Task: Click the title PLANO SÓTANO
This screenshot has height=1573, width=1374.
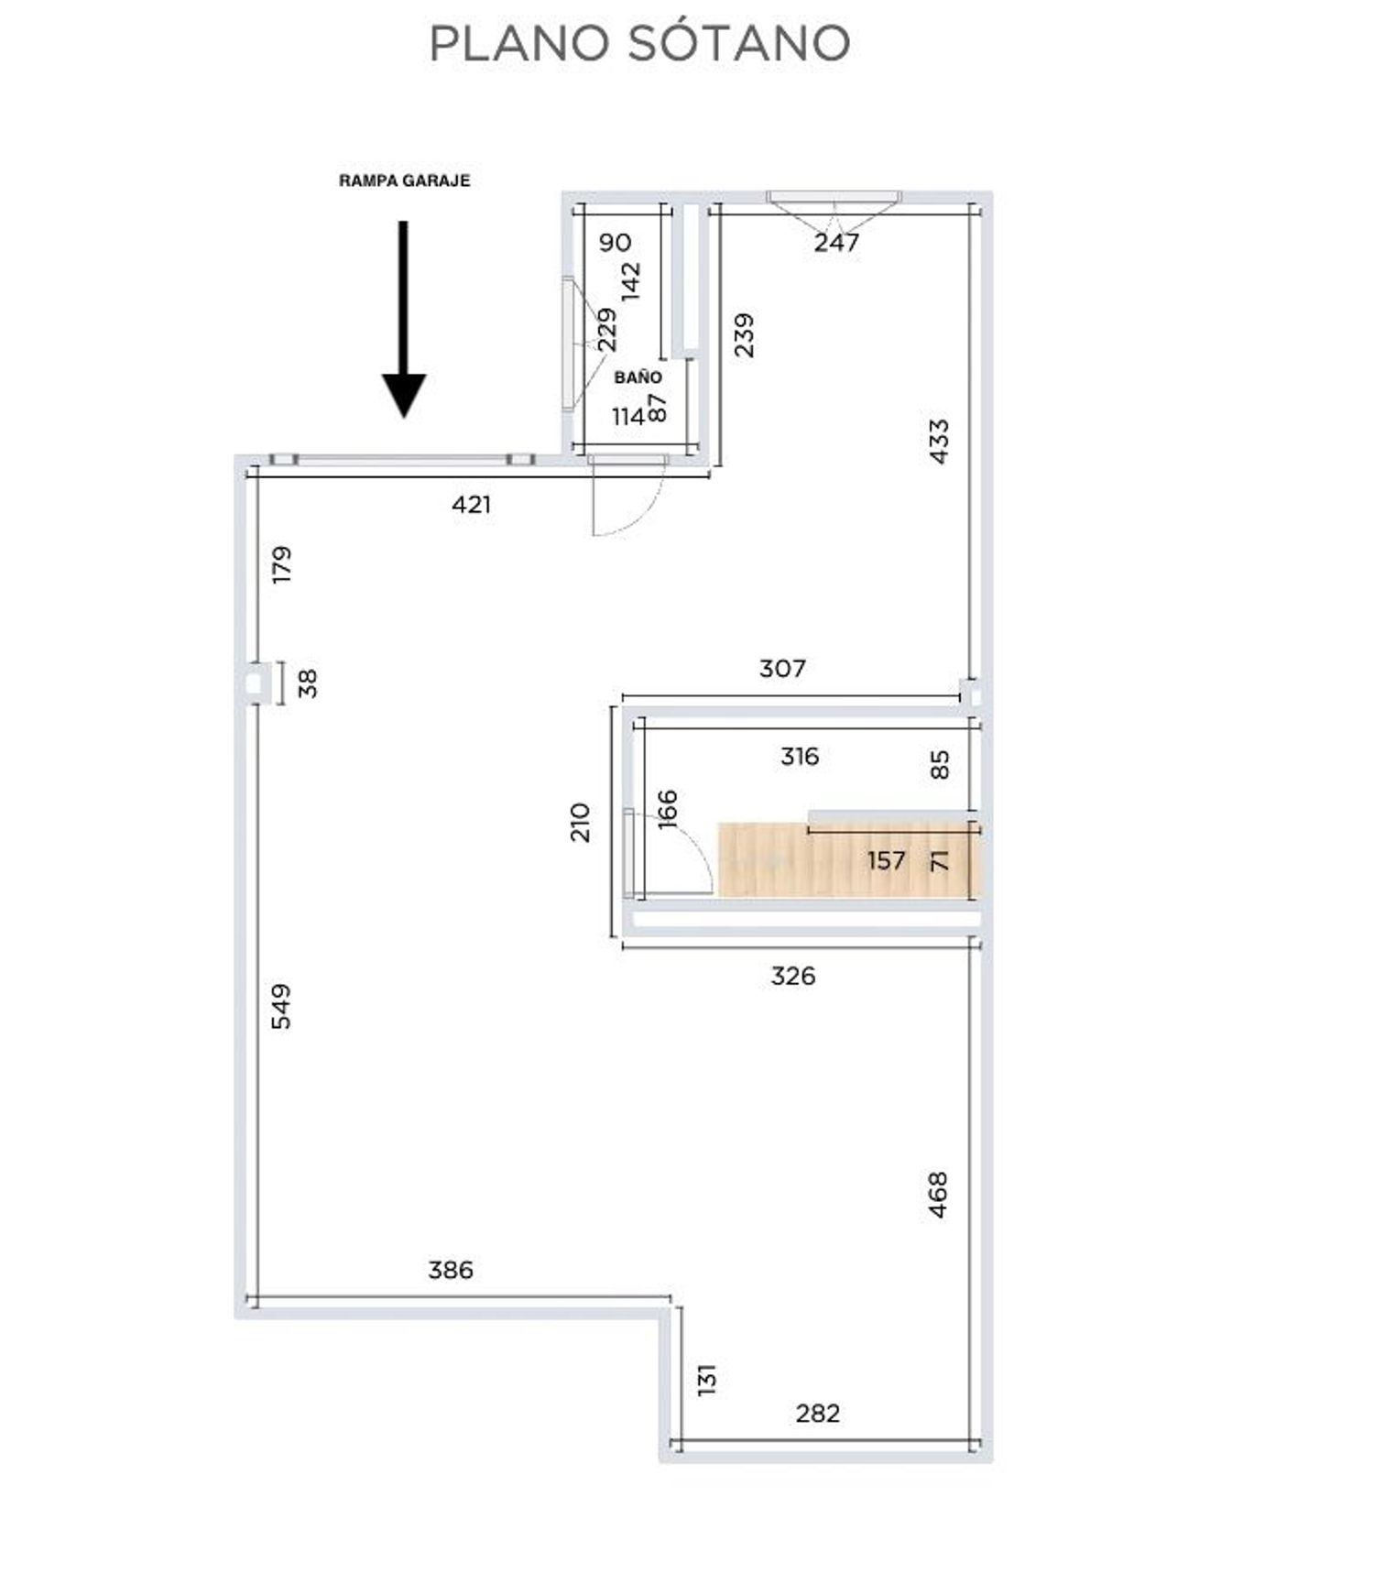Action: click(639, 43)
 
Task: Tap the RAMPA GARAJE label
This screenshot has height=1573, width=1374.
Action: click(404, 180)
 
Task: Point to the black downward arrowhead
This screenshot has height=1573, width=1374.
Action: click(404, 396)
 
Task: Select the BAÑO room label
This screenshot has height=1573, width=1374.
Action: click(638, 377)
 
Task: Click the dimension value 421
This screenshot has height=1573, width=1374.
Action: click(471, 505)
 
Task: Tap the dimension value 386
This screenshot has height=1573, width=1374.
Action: click(451, 1270)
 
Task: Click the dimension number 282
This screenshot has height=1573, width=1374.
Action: click(817, 1413)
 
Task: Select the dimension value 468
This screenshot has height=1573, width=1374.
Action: click(938, 1195)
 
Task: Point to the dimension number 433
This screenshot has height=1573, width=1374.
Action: click(939, 442)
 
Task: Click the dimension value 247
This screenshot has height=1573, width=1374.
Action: click(836, 242)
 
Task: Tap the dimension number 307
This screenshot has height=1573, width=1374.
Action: click(782, 669)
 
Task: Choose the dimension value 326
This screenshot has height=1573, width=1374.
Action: click(792, 976)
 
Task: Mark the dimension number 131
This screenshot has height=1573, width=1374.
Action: click(706, 1380)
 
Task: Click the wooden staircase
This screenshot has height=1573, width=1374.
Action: click(848, 859)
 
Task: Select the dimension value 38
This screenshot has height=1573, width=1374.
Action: click(308, 683)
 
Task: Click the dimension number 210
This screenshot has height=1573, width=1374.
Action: click(580, 822)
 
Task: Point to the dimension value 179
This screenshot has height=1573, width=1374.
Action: click(281, 564)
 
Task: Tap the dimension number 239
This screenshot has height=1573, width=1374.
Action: click(744, 335)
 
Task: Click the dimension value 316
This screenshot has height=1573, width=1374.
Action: click(800, 757)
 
